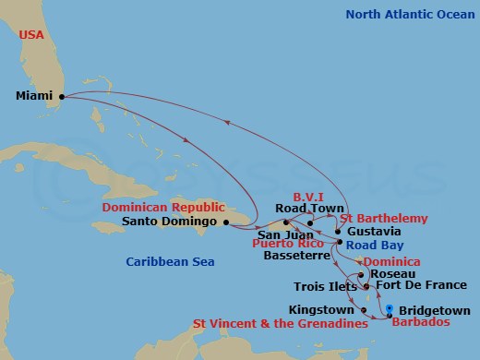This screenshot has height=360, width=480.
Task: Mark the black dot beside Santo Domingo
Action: (x=226, y=222)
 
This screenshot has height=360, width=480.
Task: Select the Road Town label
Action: (x=305, y=209)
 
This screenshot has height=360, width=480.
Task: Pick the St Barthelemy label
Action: (x=384, y=218)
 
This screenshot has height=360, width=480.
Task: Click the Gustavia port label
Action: (x=375, y=231)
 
